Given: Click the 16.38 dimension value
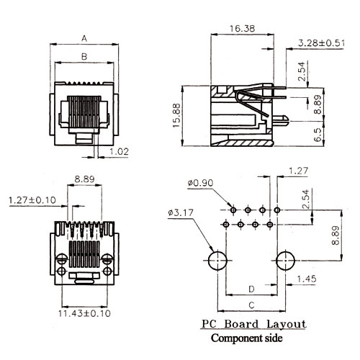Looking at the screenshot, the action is pyautogui.click(x=242, y=29).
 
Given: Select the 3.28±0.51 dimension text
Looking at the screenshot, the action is pyautogui.click(x=321, y=43).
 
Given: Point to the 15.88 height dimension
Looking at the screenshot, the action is pyautogui.click(x=176, y=116).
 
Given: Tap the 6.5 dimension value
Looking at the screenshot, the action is pyautogui.click(x=318, y=135).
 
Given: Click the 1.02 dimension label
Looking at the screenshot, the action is pyautogui.click(x=119, y=152).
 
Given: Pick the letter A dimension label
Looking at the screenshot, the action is pyautogui.click(x=84, y=38).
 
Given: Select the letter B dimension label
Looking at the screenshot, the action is pyautogui.click(x=84, y=57).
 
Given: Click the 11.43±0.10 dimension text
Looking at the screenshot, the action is pyautogui.click(x=84, y=313).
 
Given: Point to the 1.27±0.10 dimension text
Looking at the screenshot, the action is pyautogui.click(x=32, y=200).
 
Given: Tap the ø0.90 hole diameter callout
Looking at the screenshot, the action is pyautogui.click(x=200, y=183).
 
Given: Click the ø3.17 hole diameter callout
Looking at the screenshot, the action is pyautogui.click(x=181, y=212).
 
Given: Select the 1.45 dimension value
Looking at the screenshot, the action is pyautogui.click(x=307, y=279).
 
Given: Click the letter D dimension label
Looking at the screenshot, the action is pyautogui.click(x=251, y=289).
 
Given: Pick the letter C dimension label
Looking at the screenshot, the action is pyautogui.click(x=251, y=305).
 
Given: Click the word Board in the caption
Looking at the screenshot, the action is pyautogui.click(x=241, y=324).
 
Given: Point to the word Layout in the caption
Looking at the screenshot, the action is pyautogui.click(x=287, y=325).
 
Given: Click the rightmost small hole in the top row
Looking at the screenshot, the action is pyautogui.click(x=277, y=210).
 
